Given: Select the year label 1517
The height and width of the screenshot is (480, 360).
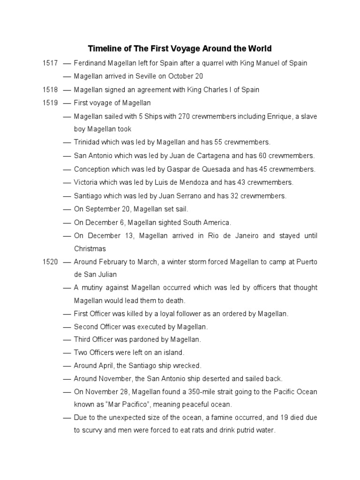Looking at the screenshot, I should [49, 63].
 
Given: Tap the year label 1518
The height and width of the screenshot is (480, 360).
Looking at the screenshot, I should [49, 90].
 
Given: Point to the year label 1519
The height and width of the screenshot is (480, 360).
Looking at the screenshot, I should [49, 103].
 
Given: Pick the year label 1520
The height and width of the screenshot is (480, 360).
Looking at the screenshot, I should [49, 262].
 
